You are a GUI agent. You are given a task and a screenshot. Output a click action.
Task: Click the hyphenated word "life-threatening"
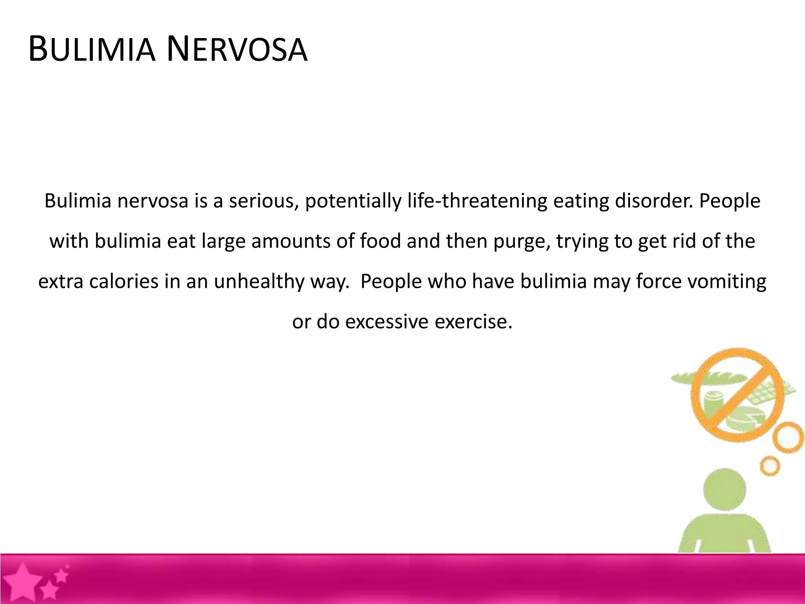click(477, 201)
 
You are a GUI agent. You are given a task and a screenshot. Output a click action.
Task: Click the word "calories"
click(123, 282)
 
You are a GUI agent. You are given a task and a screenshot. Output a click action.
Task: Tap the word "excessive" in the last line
click(387, 322)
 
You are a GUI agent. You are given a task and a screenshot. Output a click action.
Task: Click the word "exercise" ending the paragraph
click(473, 322)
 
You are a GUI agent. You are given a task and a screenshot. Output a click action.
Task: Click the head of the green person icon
click(724, 490)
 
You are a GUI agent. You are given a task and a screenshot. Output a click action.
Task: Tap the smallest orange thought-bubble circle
click(770, 466)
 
